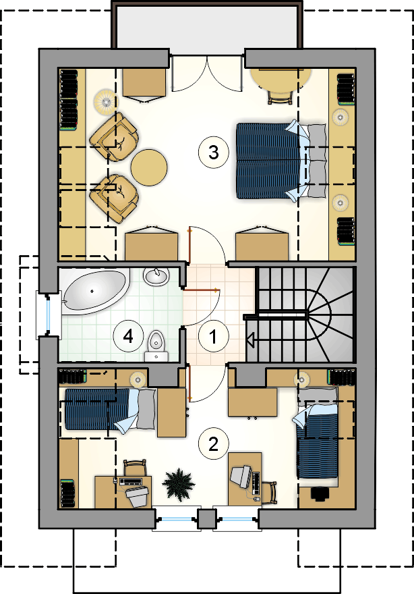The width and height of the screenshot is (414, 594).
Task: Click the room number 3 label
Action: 214,152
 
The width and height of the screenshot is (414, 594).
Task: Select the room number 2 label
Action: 214,444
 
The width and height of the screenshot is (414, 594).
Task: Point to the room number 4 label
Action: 128,336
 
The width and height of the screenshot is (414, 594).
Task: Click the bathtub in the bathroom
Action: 94,292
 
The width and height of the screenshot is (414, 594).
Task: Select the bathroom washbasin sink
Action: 156,276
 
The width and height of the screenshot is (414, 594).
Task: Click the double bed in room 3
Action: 282,161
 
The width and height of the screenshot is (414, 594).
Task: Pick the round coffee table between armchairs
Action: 149,167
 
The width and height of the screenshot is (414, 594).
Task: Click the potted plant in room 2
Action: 178,483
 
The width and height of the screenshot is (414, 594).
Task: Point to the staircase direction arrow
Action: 250,340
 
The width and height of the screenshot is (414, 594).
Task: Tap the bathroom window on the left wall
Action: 49,314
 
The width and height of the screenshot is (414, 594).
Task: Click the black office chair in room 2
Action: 320,493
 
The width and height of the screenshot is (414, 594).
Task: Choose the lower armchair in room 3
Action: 115,198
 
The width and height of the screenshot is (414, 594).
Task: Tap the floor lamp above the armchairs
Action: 106,101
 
